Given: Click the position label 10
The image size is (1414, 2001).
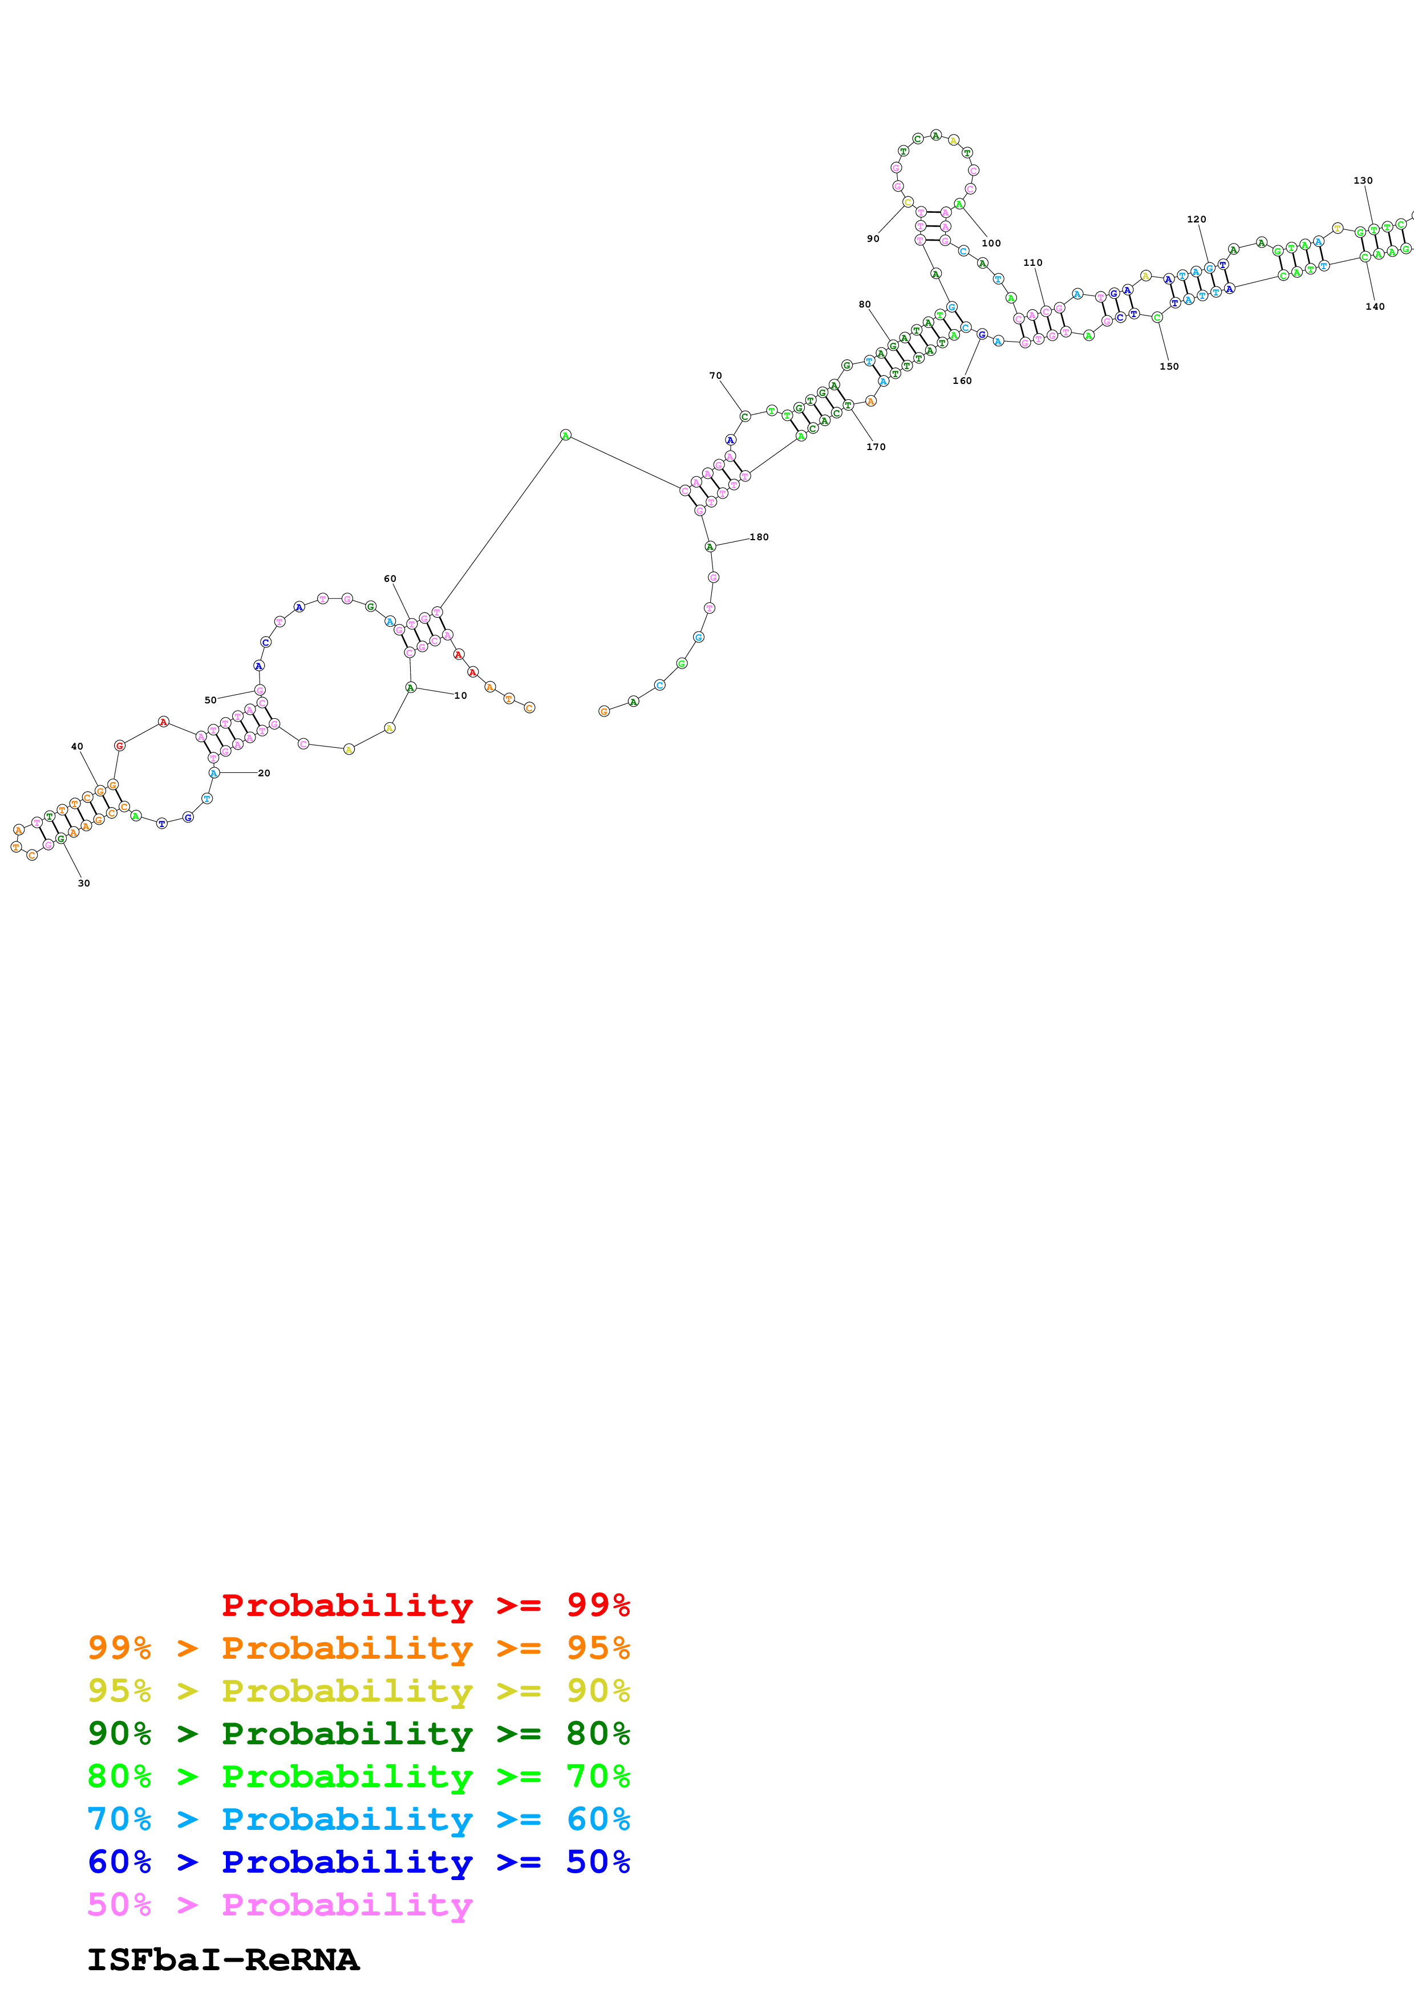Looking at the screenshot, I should tap(460, 695).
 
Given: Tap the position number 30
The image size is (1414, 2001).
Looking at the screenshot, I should tap(84, 883).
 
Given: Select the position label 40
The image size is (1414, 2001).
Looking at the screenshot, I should tap(76, 746).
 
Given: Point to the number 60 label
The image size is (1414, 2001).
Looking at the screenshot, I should tap(390, 579).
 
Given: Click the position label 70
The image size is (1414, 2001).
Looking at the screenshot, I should tap(715, 376).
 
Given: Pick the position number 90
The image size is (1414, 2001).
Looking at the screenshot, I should tap(873, 239).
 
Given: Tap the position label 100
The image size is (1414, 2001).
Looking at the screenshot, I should tap(991, 243).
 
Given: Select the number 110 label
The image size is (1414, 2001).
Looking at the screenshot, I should tap(1032, 262).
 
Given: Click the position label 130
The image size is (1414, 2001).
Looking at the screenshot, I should tap(1363, 180).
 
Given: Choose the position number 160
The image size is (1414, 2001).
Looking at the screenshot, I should tap(962, 381).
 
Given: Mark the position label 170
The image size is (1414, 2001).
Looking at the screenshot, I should tap(876, 447).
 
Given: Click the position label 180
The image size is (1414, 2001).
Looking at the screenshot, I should tap(759, 537).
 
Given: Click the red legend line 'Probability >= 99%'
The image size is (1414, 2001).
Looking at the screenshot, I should tap(425, 1605).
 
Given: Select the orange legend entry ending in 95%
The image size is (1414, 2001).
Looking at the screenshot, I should tap(358, 1647).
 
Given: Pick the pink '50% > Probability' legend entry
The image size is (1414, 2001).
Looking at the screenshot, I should tap(279, 1904).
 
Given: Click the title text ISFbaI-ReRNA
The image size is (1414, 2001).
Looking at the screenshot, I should tap(223, 1959).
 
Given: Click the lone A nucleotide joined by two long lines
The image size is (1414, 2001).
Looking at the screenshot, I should tap(565, 435).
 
